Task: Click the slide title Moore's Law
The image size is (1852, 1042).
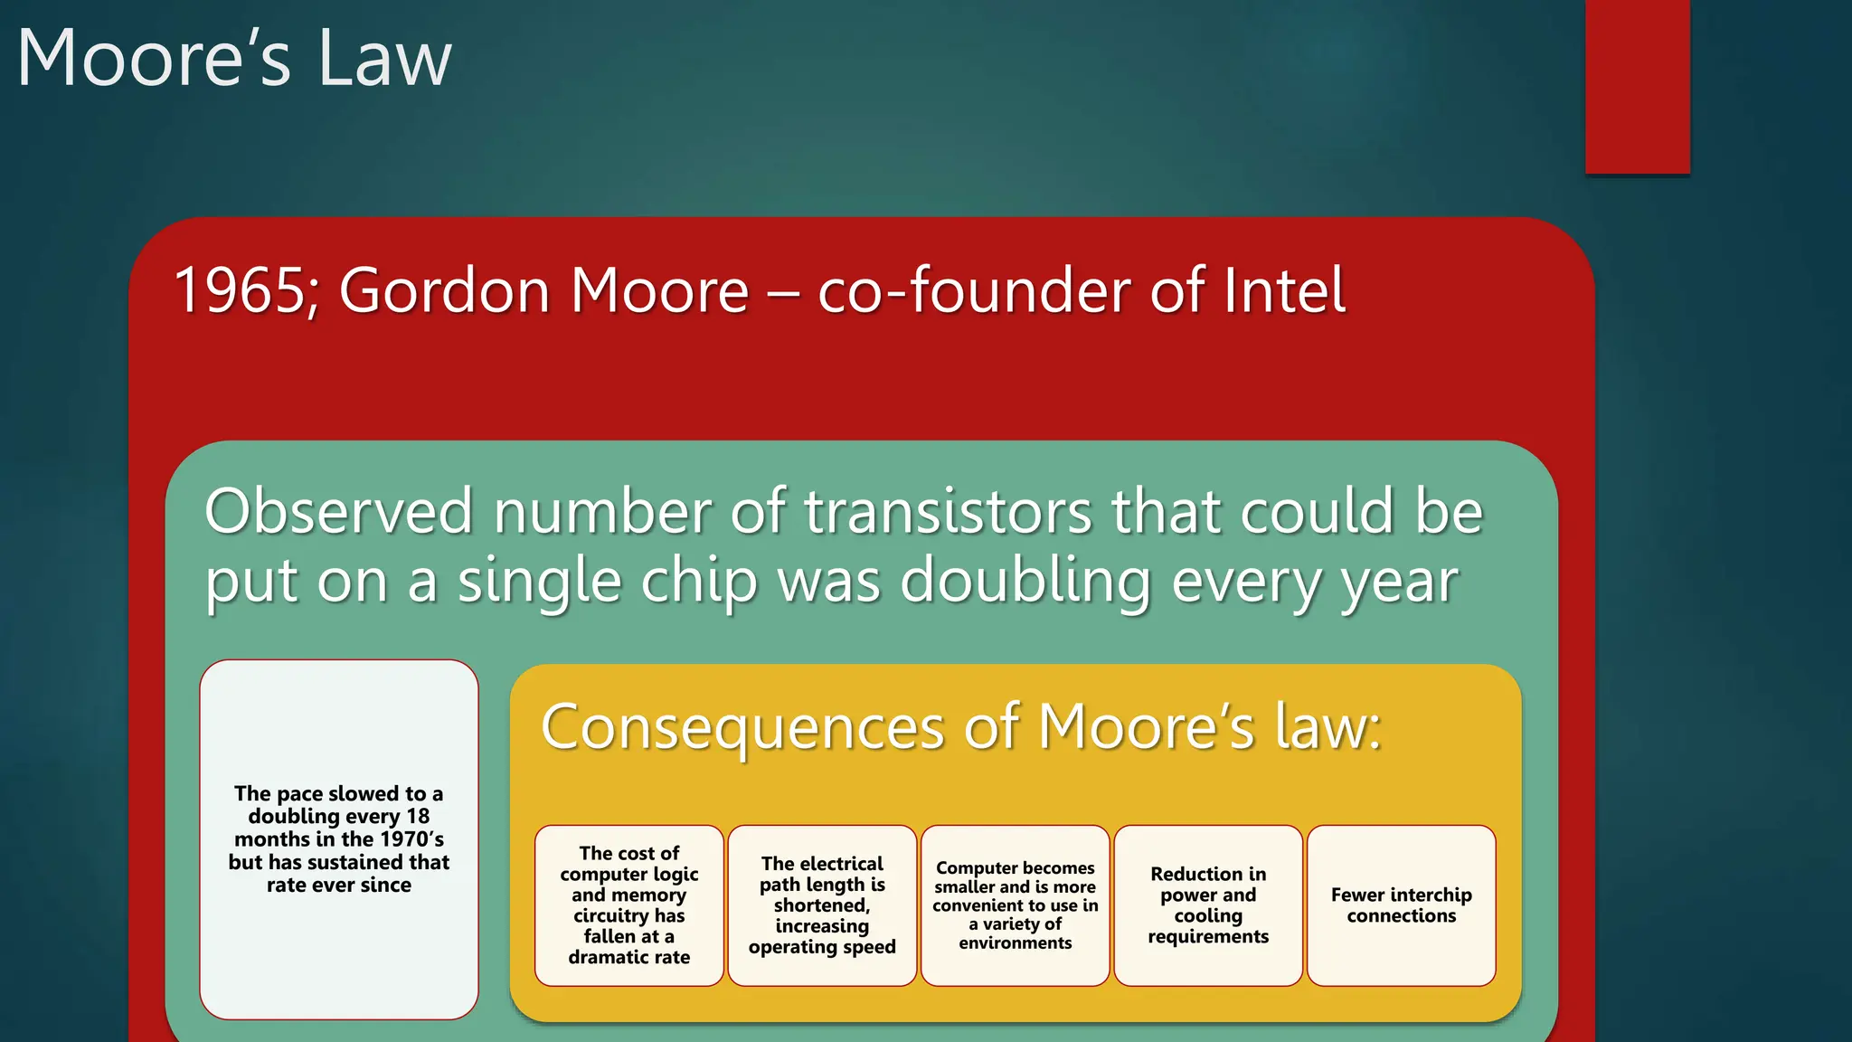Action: pos(233,58)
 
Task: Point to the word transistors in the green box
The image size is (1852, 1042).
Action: pos(948,512)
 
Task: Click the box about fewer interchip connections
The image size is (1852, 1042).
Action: pos(1401,905)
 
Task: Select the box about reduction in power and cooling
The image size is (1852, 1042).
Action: pos(1208,905)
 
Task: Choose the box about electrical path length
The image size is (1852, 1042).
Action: pos(822,905)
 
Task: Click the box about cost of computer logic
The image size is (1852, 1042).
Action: pos(629,905)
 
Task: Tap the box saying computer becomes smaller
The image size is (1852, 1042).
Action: pos(1015,905)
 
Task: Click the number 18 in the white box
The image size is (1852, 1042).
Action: pos(417,816)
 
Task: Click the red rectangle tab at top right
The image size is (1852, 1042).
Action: pos(1637,86)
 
